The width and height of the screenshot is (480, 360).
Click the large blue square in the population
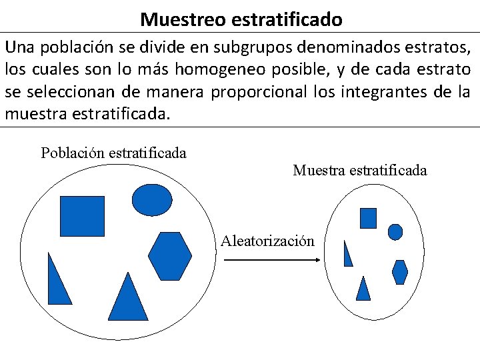(83, 216)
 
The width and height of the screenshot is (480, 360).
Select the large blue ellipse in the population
(152, 198)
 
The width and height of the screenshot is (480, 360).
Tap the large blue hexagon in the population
(170, 256)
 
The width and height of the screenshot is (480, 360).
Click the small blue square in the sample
(368, 218)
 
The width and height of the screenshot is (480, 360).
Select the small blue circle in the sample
(395, 231)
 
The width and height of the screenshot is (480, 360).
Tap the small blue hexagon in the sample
(399, 272)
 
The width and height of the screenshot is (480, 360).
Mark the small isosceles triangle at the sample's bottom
(363, 290)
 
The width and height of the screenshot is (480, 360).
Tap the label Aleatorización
(267, 241)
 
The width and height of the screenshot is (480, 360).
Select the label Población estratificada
(113, 153)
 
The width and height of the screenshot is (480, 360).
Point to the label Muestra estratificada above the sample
(359, 171)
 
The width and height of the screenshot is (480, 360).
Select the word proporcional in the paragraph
(259, 91)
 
